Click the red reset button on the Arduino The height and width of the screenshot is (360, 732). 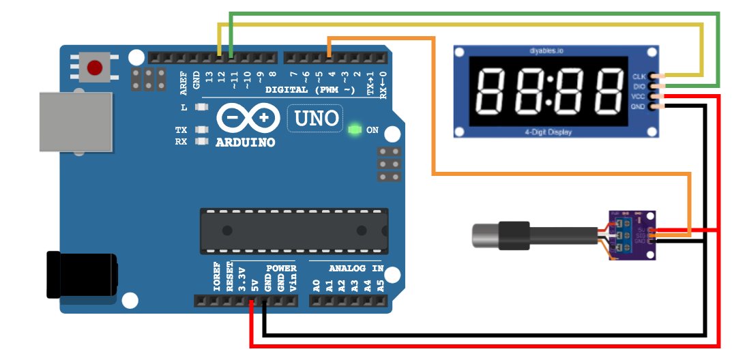[x=95, y=67]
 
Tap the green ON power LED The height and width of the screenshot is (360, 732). [x=354, y=130]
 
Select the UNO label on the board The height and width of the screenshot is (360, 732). [x=317, y=119]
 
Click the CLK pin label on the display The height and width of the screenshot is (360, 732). [x=639, y=76]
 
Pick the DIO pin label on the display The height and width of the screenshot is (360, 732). [x=639, y=87]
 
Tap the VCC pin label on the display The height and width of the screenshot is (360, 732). [x=639, y=97]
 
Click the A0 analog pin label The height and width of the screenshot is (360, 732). [x=317, y=282]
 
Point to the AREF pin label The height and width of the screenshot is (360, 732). [x=183, y=80]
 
